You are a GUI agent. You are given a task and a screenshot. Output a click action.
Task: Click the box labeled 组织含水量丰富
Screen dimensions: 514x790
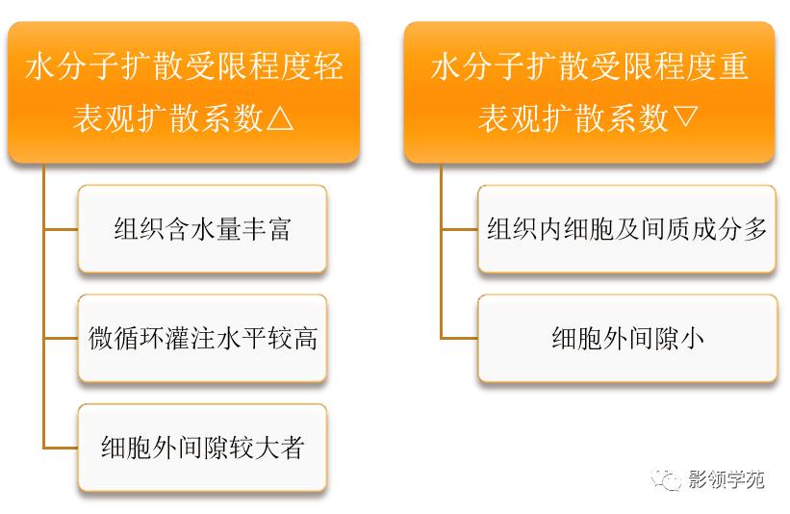202,229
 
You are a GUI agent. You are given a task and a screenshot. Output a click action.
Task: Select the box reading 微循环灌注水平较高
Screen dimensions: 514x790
202,339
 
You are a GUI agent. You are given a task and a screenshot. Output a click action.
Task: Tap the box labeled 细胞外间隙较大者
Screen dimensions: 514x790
202,448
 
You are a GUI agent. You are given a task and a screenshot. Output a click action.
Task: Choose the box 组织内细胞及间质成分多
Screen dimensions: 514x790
626,229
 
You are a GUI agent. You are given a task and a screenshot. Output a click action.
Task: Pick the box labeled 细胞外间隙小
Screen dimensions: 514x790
626,339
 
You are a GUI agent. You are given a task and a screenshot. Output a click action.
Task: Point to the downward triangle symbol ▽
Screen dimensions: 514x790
684,118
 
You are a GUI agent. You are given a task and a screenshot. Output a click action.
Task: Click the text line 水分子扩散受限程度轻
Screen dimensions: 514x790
183,68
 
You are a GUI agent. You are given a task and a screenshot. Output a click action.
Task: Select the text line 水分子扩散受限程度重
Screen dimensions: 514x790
589,68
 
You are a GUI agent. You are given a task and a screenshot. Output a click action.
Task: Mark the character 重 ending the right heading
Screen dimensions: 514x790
733,68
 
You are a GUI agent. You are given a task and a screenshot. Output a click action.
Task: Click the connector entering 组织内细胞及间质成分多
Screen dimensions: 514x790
459,229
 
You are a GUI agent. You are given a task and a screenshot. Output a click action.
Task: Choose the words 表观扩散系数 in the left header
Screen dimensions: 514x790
167,118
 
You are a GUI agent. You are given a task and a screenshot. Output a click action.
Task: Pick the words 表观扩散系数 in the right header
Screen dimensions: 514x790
573,118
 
